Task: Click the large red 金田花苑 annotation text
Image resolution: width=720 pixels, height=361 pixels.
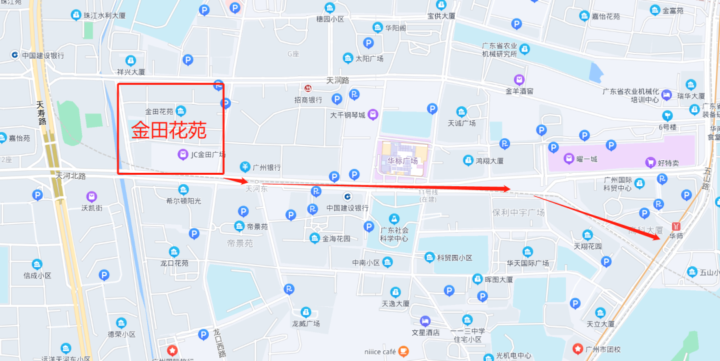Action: point(169,130)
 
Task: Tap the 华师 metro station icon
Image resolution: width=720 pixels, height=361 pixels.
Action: point(677,226)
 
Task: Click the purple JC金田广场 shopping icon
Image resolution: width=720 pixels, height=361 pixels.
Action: point(182,155)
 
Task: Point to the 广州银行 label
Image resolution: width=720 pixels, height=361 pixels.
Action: point(266,167)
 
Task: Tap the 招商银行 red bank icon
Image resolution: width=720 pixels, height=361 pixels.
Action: point(308,88)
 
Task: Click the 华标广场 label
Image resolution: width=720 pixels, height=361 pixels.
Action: point(403,161)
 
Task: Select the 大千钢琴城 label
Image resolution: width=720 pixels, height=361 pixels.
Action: point(347,115)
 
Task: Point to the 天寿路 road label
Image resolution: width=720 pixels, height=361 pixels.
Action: point(41,113)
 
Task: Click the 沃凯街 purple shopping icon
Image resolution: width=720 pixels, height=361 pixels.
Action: point(91,197)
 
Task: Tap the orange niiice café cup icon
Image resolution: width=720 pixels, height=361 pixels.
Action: point(403,350)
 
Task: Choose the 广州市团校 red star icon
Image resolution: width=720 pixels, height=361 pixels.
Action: point(578,348)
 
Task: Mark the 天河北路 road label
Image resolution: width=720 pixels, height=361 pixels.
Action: point(71,175)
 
